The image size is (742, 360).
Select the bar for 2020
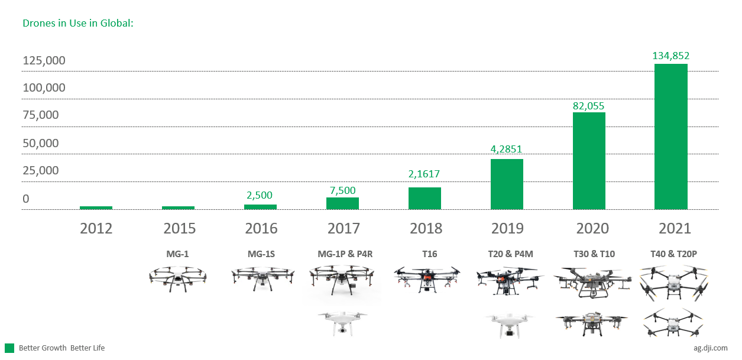(589, 160)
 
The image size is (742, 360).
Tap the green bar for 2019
(507, 184)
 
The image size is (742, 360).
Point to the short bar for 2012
(96, 207)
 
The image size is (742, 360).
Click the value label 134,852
(671, 56)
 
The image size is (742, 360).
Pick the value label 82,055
(589, 106)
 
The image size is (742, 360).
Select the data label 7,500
(342, 190)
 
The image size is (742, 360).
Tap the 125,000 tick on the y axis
(44, 61)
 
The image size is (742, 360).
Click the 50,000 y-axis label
(41, 143)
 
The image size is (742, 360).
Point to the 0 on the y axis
(26, 199)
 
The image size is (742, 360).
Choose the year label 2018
(425, 228)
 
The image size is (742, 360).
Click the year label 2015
(179, 228)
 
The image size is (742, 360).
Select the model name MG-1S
(261, 254)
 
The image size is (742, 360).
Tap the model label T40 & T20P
(673, 254)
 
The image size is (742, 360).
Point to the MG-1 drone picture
(178, 278)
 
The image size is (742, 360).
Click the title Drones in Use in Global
(78, 24)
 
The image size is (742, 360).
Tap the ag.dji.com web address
(711, 348)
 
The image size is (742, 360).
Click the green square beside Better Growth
(9, 348)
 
